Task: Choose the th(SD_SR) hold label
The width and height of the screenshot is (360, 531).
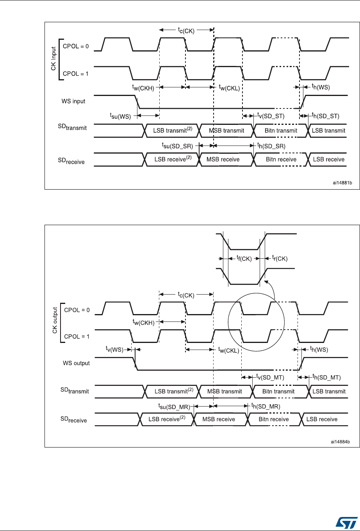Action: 270,146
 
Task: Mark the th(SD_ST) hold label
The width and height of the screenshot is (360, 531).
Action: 326,116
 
